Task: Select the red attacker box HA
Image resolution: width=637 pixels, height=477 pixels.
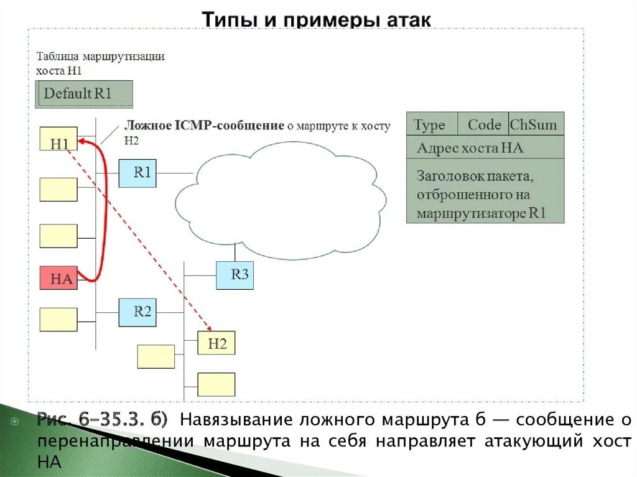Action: (x=58, y=278)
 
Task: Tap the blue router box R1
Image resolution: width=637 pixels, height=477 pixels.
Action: (x=137, y=173)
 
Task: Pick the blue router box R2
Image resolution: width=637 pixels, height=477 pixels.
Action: (x=137, y=312)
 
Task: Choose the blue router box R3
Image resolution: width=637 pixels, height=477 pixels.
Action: (x=235, y=275)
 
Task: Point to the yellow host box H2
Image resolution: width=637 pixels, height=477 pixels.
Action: (x=216, y=343)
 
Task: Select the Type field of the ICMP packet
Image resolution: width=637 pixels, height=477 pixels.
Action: (x=430, y=125)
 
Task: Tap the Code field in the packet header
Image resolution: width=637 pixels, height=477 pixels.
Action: (x=483, y=125)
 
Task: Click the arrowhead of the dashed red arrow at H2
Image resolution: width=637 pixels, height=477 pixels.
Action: (x=209, y=330)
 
